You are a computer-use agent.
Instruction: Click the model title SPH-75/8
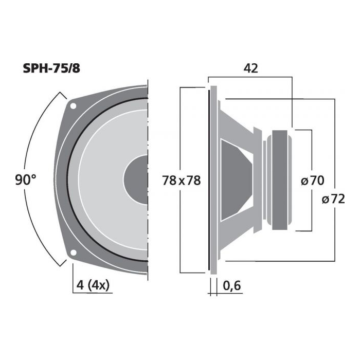pos(51,68)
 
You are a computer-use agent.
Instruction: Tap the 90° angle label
pos(26,179)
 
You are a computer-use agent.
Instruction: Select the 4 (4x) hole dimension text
pos(93,285)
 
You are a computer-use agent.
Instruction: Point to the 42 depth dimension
pos(251,68)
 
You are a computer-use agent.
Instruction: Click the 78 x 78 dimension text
pos(182,180)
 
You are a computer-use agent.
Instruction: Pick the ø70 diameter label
pos(313,180)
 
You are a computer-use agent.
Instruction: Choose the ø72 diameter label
pos(333,199)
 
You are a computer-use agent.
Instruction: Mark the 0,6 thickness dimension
pos(231,285)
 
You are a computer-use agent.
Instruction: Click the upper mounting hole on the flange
pos(73,106)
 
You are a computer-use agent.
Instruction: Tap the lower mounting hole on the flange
pos(73,253)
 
